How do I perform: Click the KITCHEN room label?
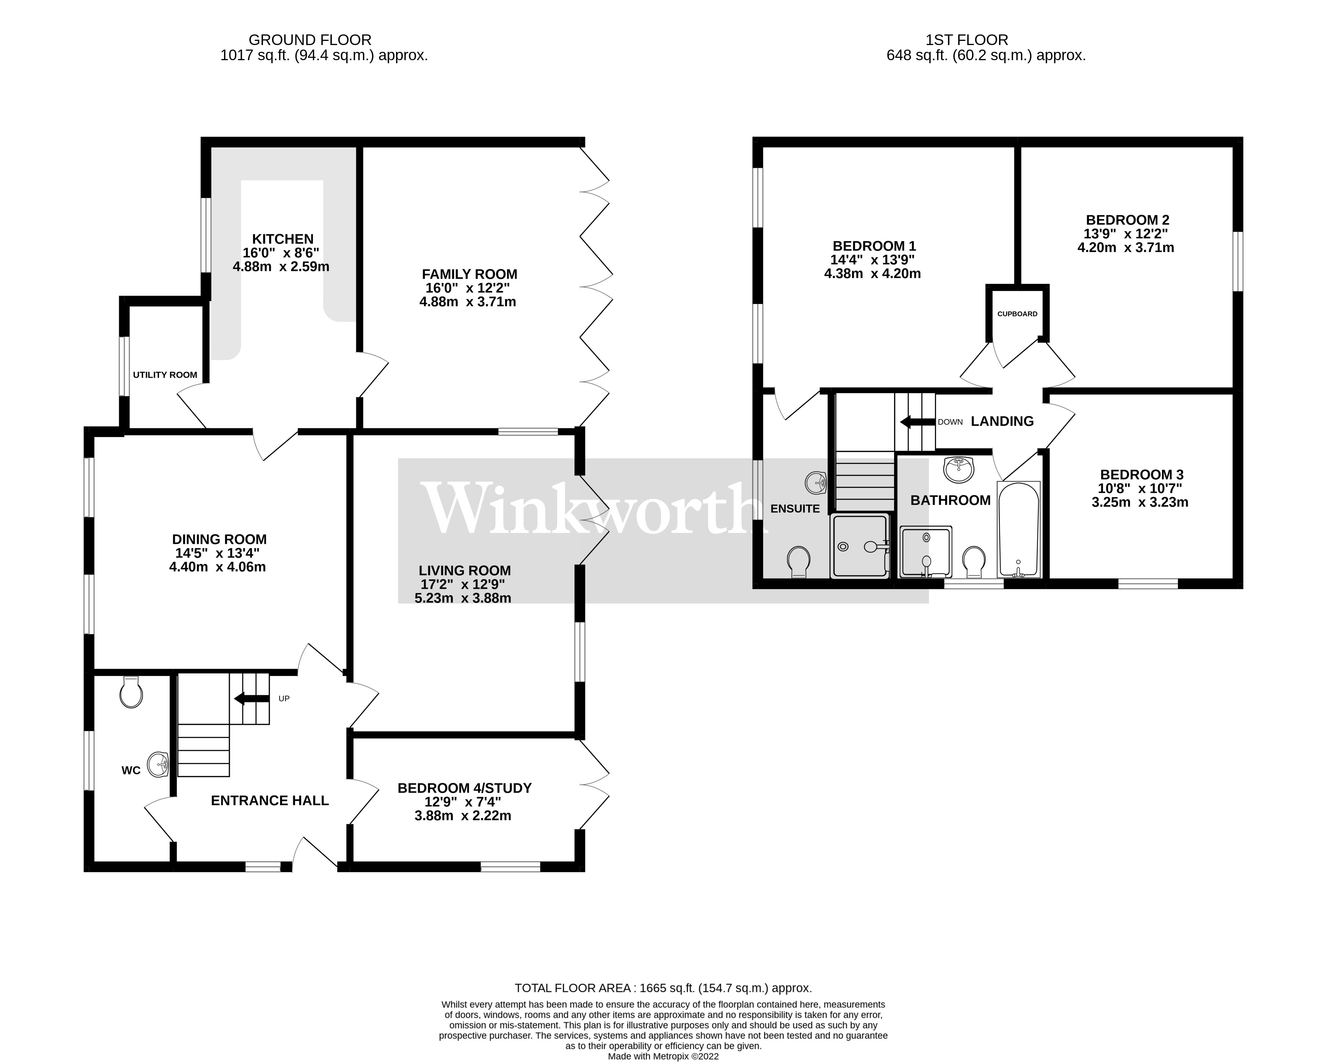pos(283,239)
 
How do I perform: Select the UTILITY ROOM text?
pos(165,375)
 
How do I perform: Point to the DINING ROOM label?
pos(219,539)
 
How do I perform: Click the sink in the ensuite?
pos(816,482)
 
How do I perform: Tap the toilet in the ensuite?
pos(798,561)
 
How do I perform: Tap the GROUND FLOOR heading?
pos(310,40)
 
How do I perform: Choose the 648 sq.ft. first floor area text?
pos(985,55)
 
